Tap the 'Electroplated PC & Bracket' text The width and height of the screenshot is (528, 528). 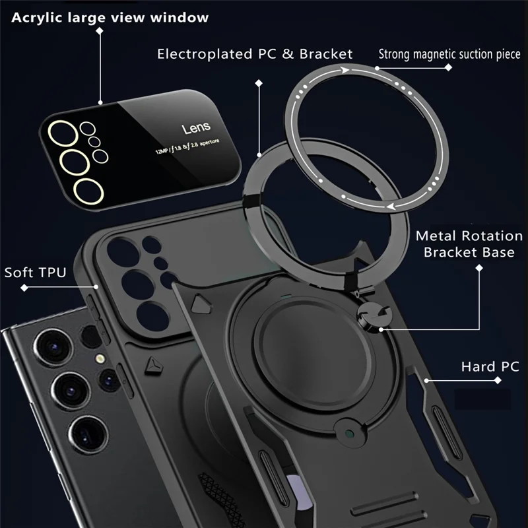[255, 54]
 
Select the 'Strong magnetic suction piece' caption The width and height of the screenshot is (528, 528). [449, 53]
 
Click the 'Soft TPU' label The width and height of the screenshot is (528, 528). [35, 272]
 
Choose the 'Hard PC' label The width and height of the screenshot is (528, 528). [490, 366]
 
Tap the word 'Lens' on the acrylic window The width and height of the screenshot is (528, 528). [196, 127]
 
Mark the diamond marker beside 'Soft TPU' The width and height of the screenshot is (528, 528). [24, 288]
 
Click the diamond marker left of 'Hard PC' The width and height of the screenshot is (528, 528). [428, 380]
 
